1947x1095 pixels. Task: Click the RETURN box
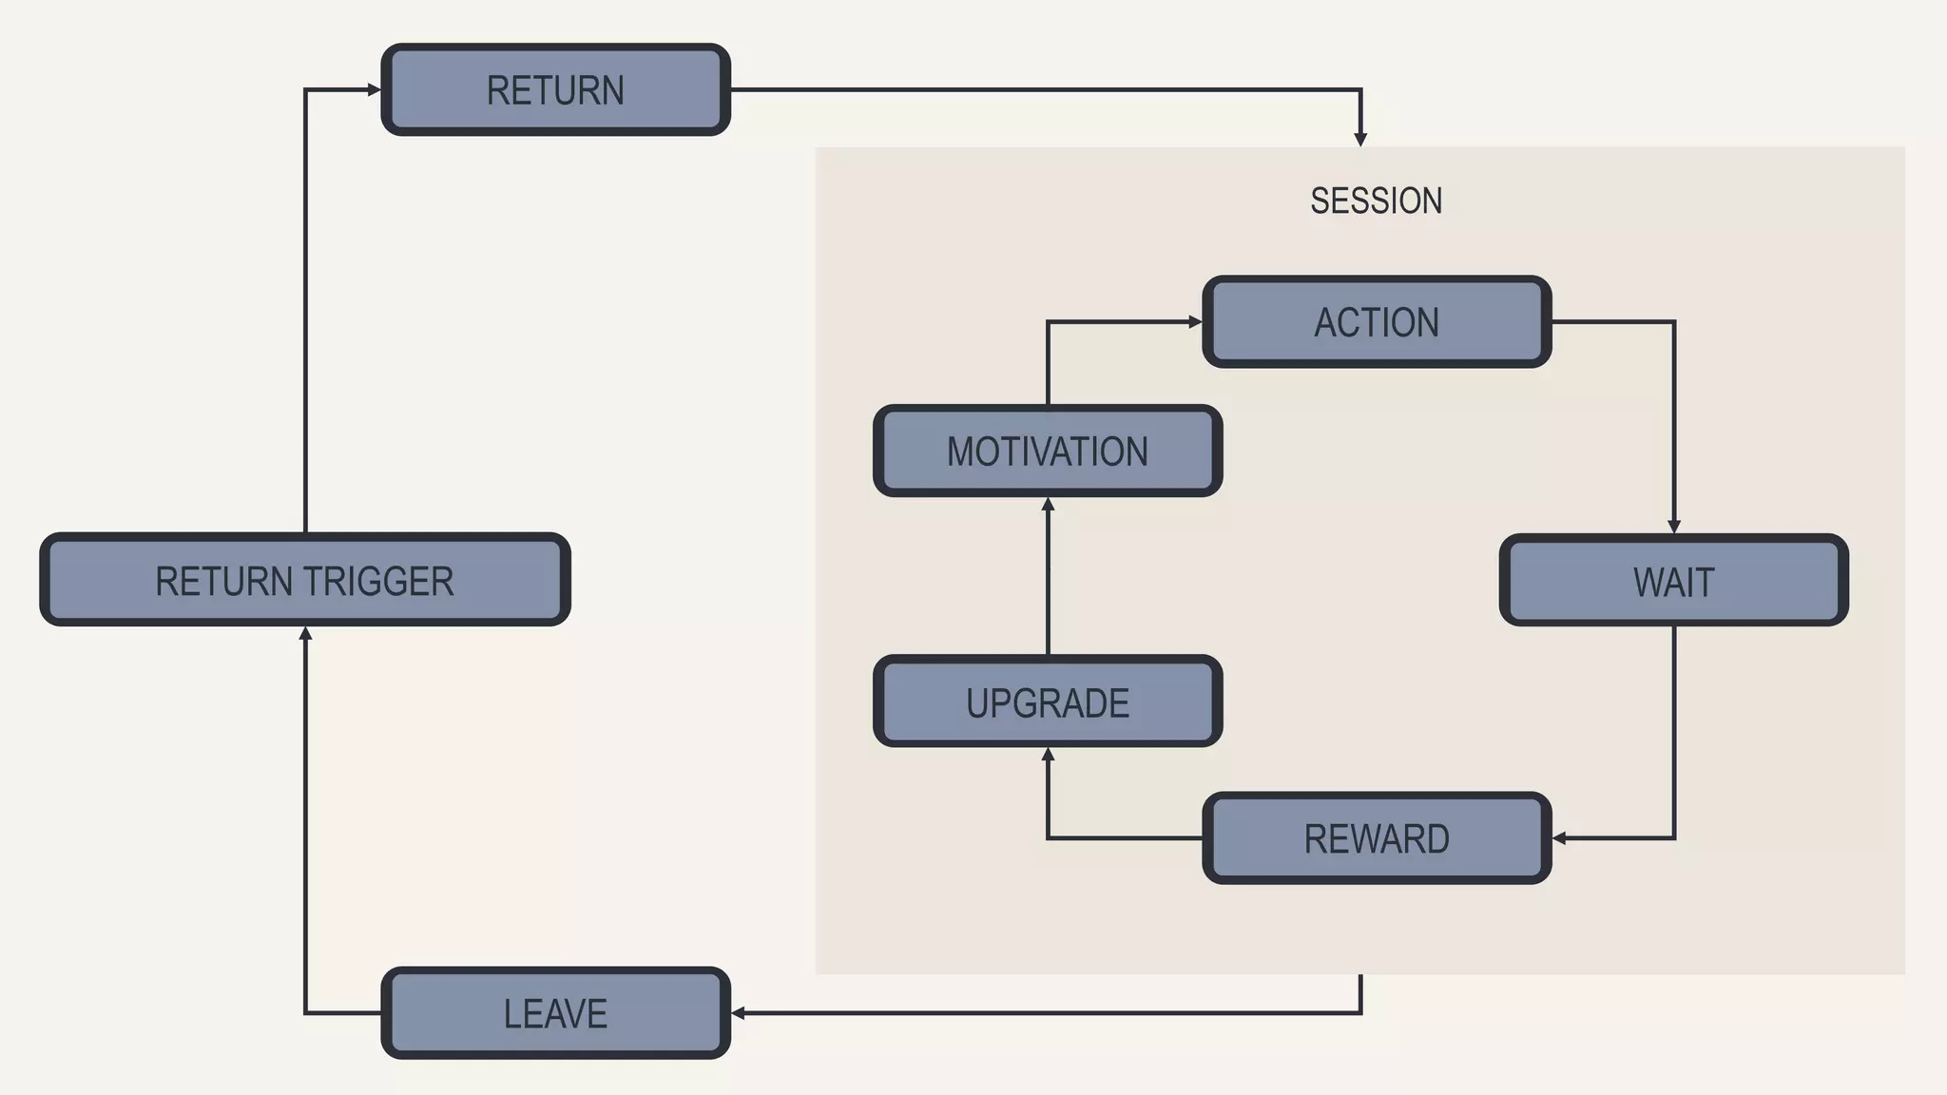click(x=555, y=90)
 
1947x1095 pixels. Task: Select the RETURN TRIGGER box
click(x=304, y=580)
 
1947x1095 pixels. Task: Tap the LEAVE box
click(x=555, y=1013)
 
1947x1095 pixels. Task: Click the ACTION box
click(x=1376, y=322)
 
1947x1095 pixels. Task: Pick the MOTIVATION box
click(x=1047, y=451)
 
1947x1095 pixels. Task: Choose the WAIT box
click(x=1673, y=581)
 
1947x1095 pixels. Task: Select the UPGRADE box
click(x=1047, y=701)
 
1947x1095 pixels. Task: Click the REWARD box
click(x=1376, y=838)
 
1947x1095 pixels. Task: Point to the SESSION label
click(x=1376, y=201)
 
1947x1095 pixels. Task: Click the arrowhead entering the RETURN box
click(x=374, y=90)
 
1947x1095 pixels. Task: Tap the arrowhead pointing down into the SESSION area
click(x=1360, y=139)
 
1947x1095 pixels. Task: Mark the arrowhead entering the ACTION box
click(x=1195, y=322)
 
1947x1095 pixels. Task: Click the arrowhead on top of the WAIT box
click(x=1674, y=527)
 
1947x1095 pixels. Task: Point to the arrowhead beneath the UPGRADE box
click(x=1048, y=755)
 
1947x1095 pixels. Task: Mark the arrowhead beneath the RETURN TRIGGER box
click(x=305, y=634)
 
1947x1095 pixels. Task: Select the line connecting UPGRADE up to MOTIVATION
click(x=1048, y=580)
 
